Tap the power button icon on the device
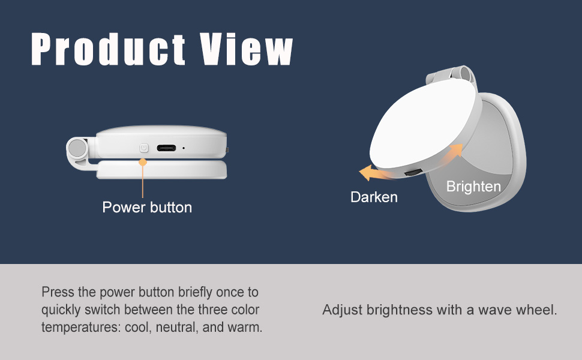(x=143, y=148)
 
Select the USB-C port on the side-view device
(x=167, y=148)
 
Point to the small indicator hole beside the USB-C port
(x=184, y=148)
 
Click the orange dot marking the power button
(x=143, y=161)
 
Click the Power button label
(x=147, y=208)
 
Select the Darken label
(x=374, y=197)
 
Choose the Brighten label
(x=473, y=187)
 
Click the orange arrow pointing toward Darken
(x=375, y=174)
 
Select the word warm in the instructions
(x=247, y=328)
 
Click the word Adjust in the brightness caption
(x=342, y=310)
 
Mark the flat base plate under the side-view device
(x=162, y=171)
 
